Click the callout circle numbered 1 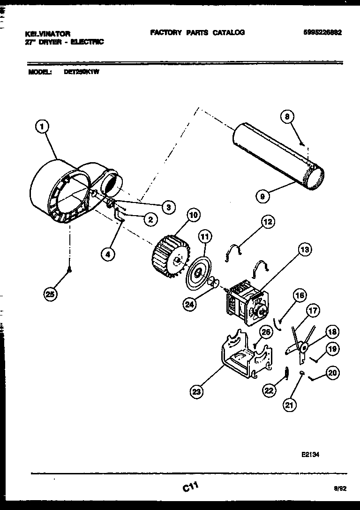[42, 126]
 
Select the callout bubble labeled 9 [263, 197]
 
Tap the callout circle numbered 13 [304, 250]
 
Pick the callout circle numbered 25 [50, 294]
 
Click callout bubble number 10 [193, 215]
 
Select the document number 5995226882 [322, 33]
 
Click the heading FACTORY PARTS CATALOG [197, 33]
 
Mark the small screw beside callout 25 [70, 269]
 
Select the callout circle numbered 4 [108, 255]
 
